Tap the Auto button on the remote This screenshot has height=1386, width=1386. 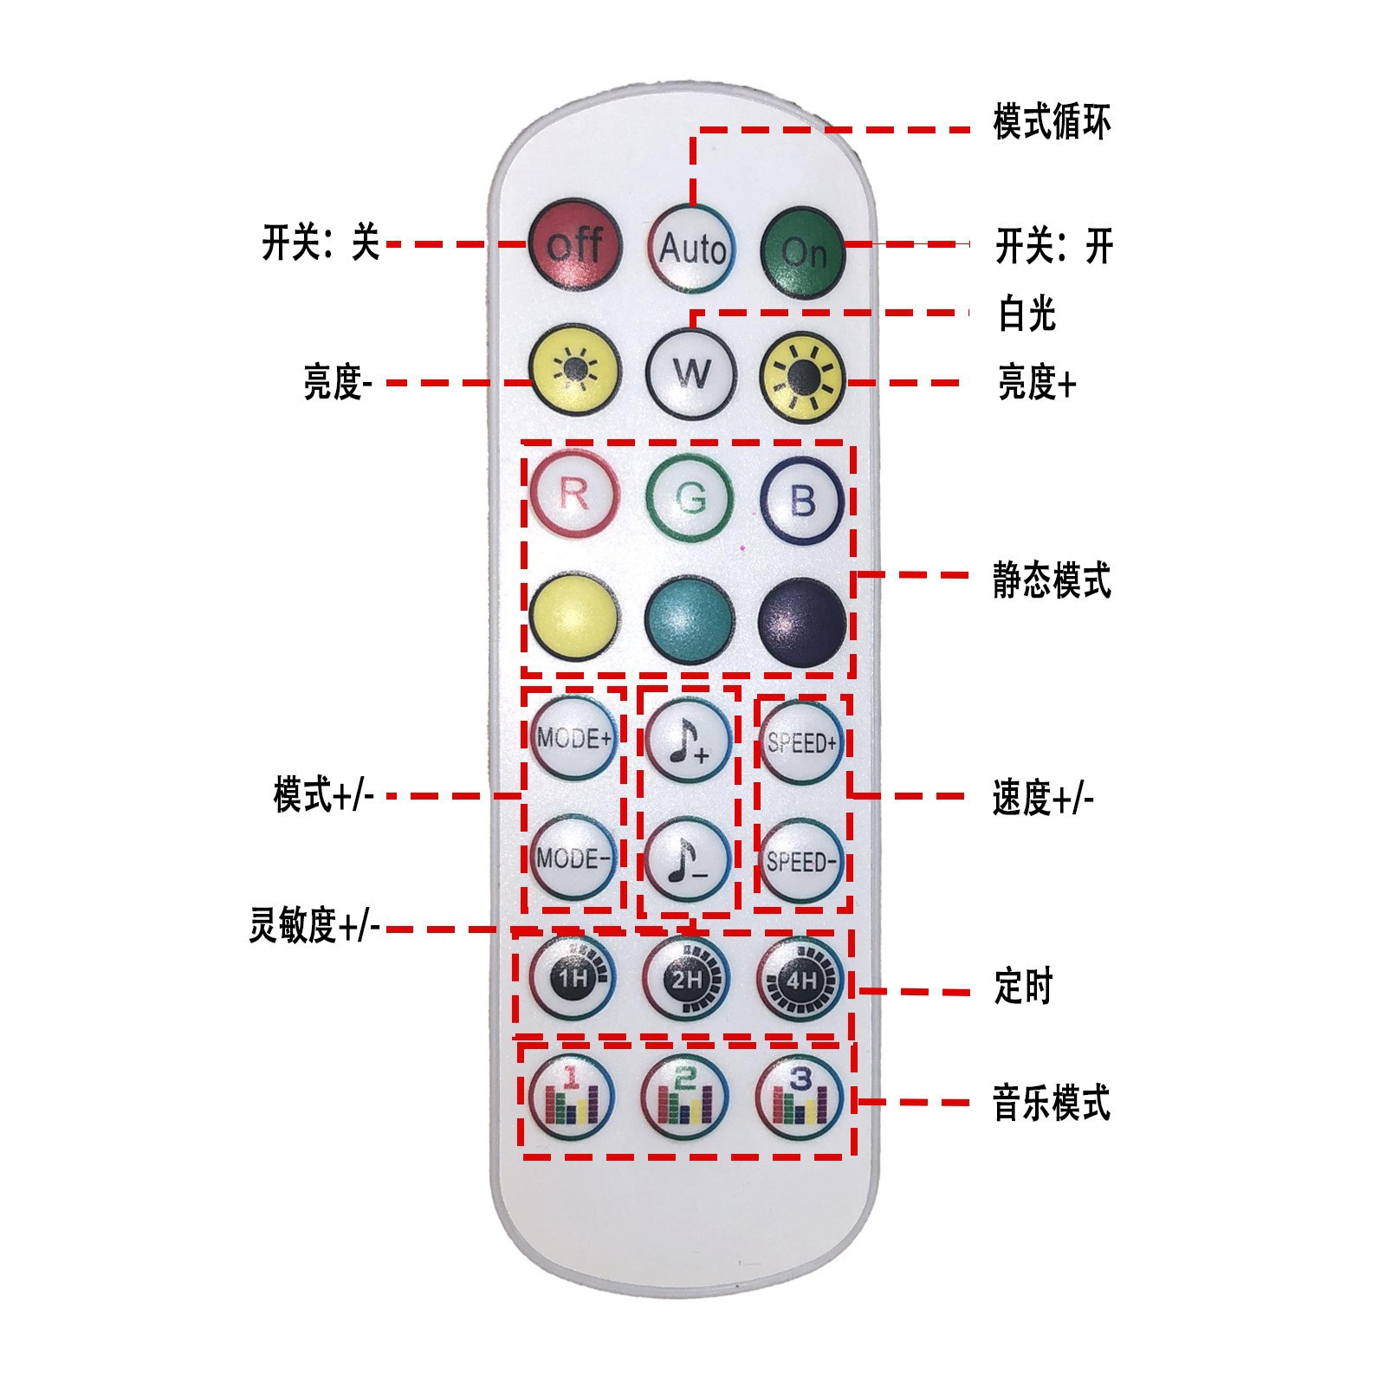(691, 248)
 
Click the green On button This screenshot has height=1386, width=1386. (803, 249)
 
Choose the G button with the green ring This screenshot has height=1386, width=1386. (690, 498)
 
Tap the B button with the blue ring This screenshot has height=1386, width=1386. (802, 501)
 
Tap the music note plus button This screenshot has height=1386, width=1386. (689, 742)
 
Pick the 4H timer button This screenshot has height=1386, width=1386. (801, 980)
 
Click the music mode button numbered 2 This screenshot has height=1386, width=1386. (685, 1096)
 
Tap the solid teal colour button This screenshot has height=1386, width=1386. (690, 620)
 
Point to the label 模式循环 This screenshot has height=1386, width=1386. (1051, 122)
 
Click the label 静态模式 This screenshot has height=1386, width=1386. (1051, 580)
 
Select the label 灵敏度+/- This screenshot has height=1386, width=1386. (314, 926)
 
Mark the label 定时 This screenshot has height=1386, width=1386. (1022, 987)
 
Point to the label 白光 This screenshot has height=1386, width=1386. (1027, 314)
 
